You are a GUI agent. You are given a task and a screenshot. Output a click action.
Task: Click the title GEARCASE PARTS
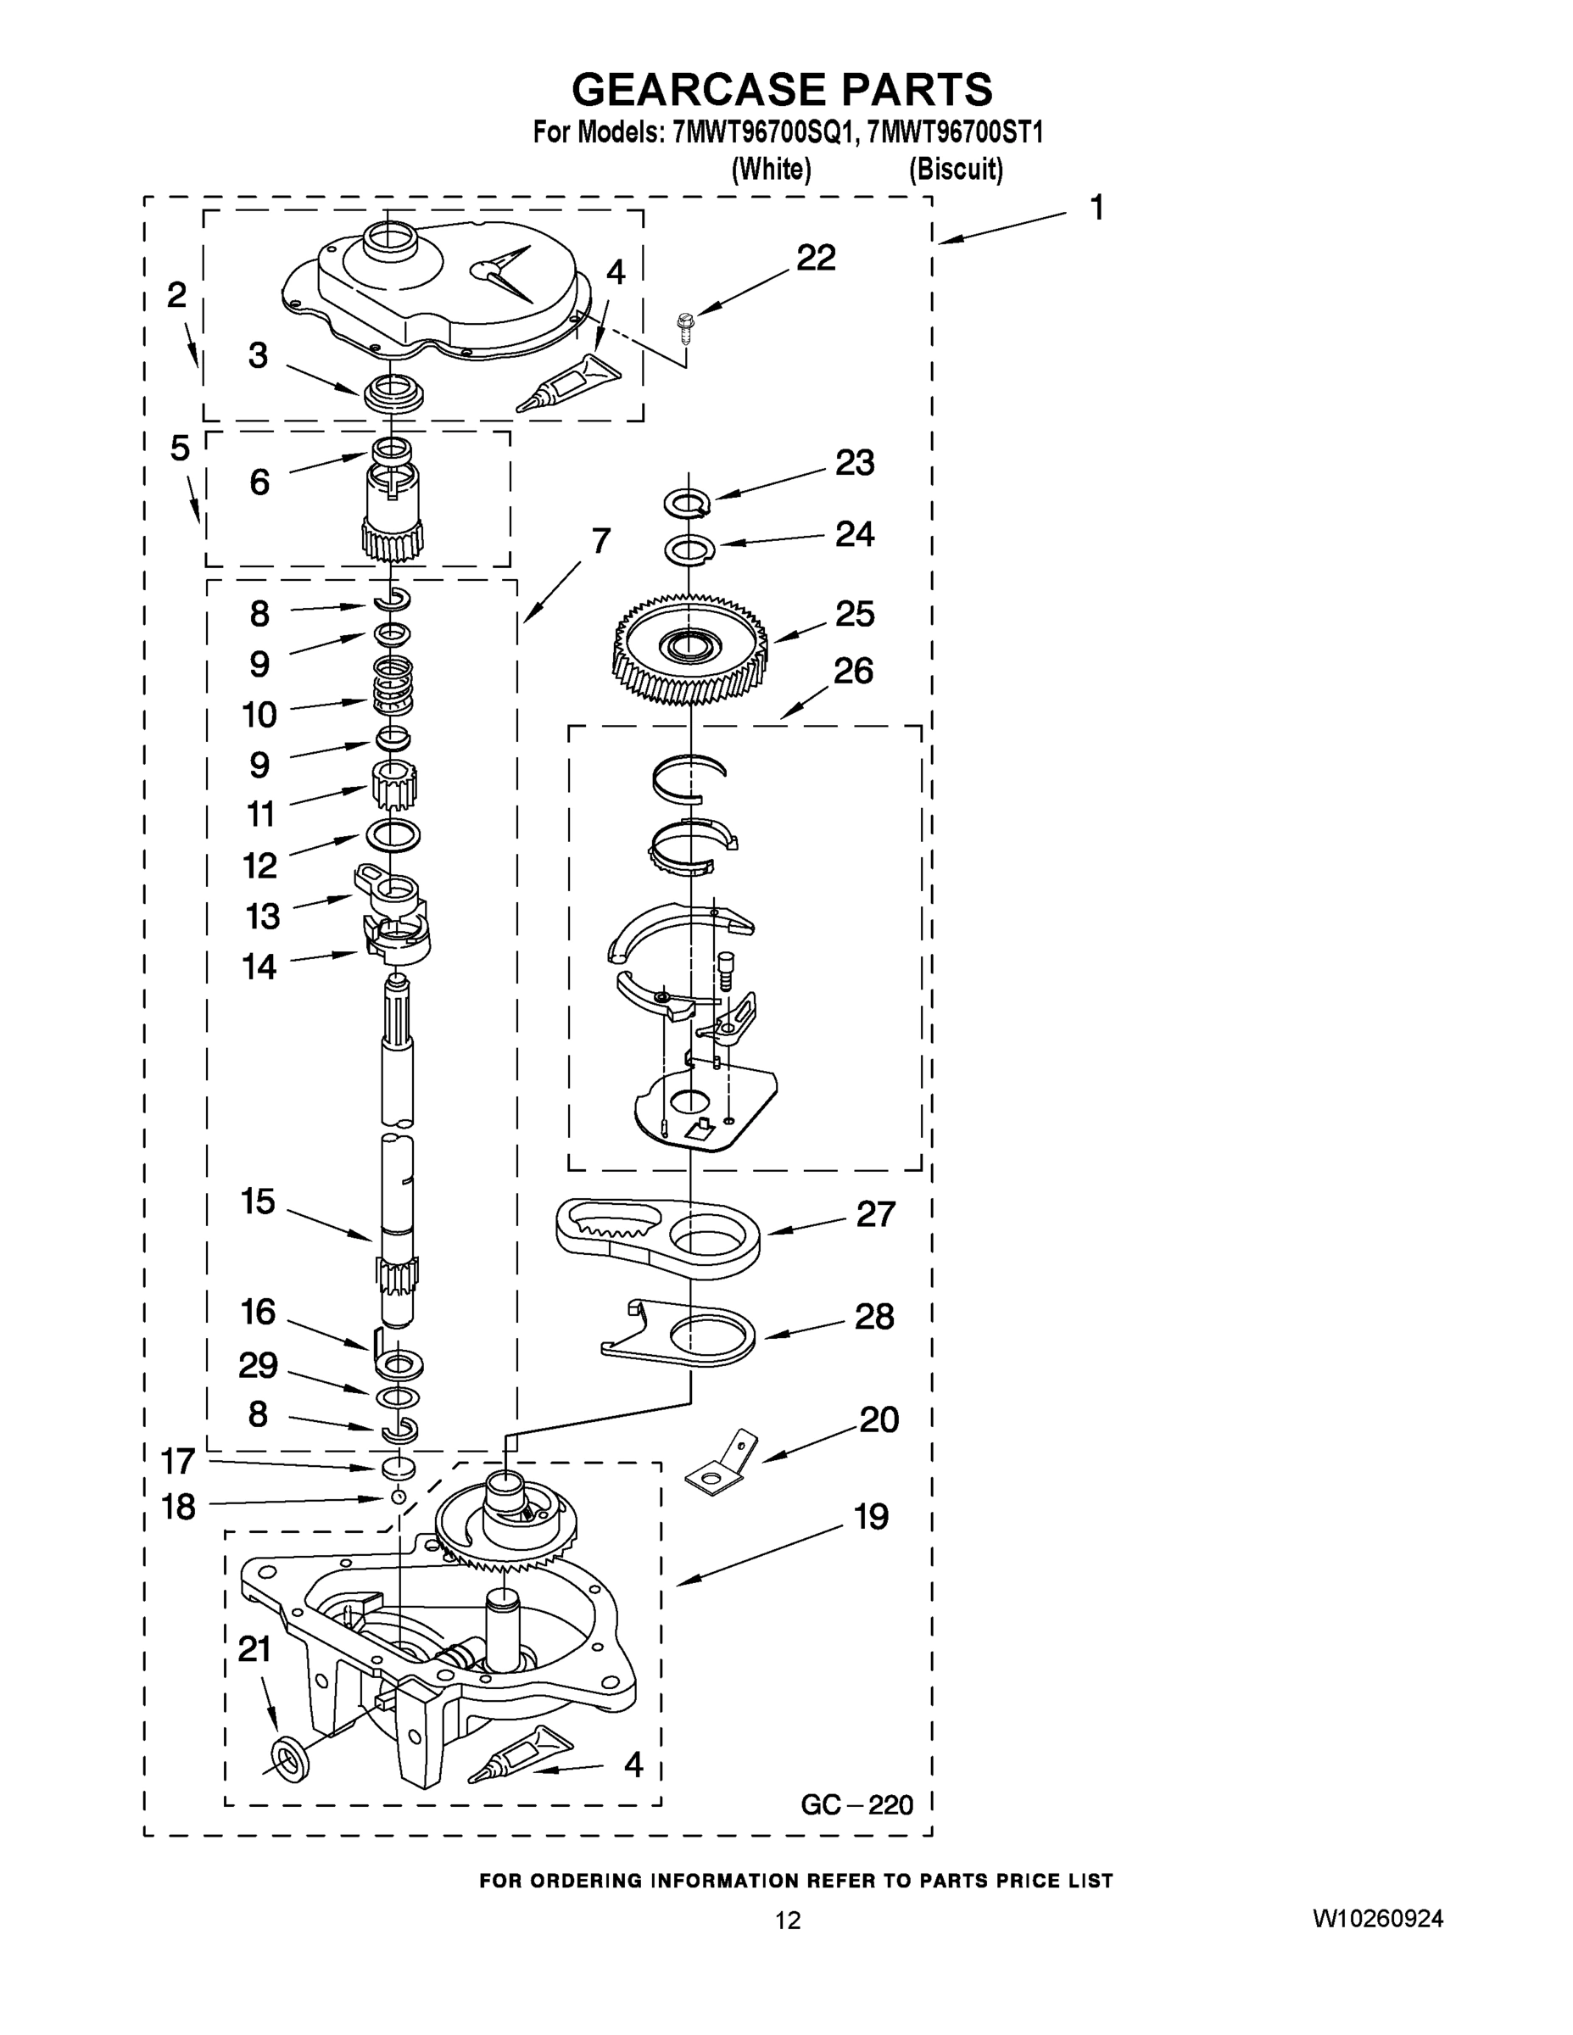(x=782, y=89)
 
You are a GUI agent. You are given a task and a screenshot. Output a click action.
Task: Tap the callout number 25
(x=854, y=614)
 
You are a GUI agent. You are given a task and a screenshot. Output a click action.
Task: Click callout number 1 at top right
(x=1096, y=207)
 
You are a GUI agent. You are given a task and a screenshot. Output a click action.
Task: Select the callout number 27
(x=875, y=1214)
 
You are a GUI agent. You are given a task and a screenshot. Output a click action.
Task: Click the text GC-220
(x=856, y=1805)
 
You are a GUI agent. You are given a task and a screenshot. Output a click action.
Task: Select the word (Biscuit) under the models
(x=955, y=169)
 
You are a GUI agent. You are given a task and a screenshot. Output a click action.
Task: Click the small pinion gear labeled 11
(x=393, y=784)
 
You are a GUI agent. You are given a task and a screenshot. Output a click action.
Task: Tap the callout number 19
(x=872, y=1517)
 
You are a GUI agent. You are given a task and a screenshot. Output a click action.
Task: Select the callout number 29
(x=257, y=1365)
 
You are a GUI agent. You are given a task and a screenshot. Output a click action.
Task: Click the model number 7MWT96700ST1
(x=954, y=132)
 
